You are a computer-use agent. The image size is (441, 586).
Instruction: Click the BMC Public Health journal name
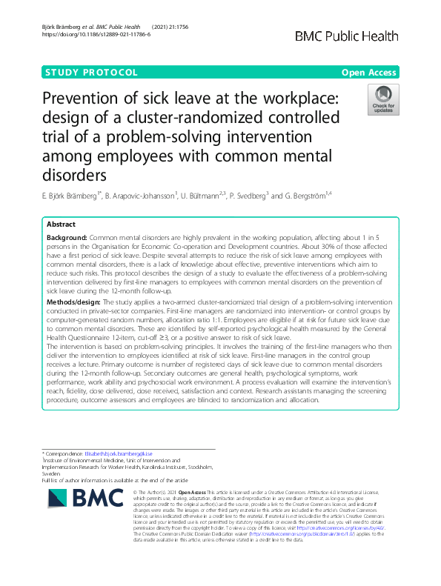pyautogui.click(x=347, y=37)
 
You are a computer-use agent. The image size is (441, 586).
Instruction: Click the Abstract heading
pyautogui.click(x=61, y=223)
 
